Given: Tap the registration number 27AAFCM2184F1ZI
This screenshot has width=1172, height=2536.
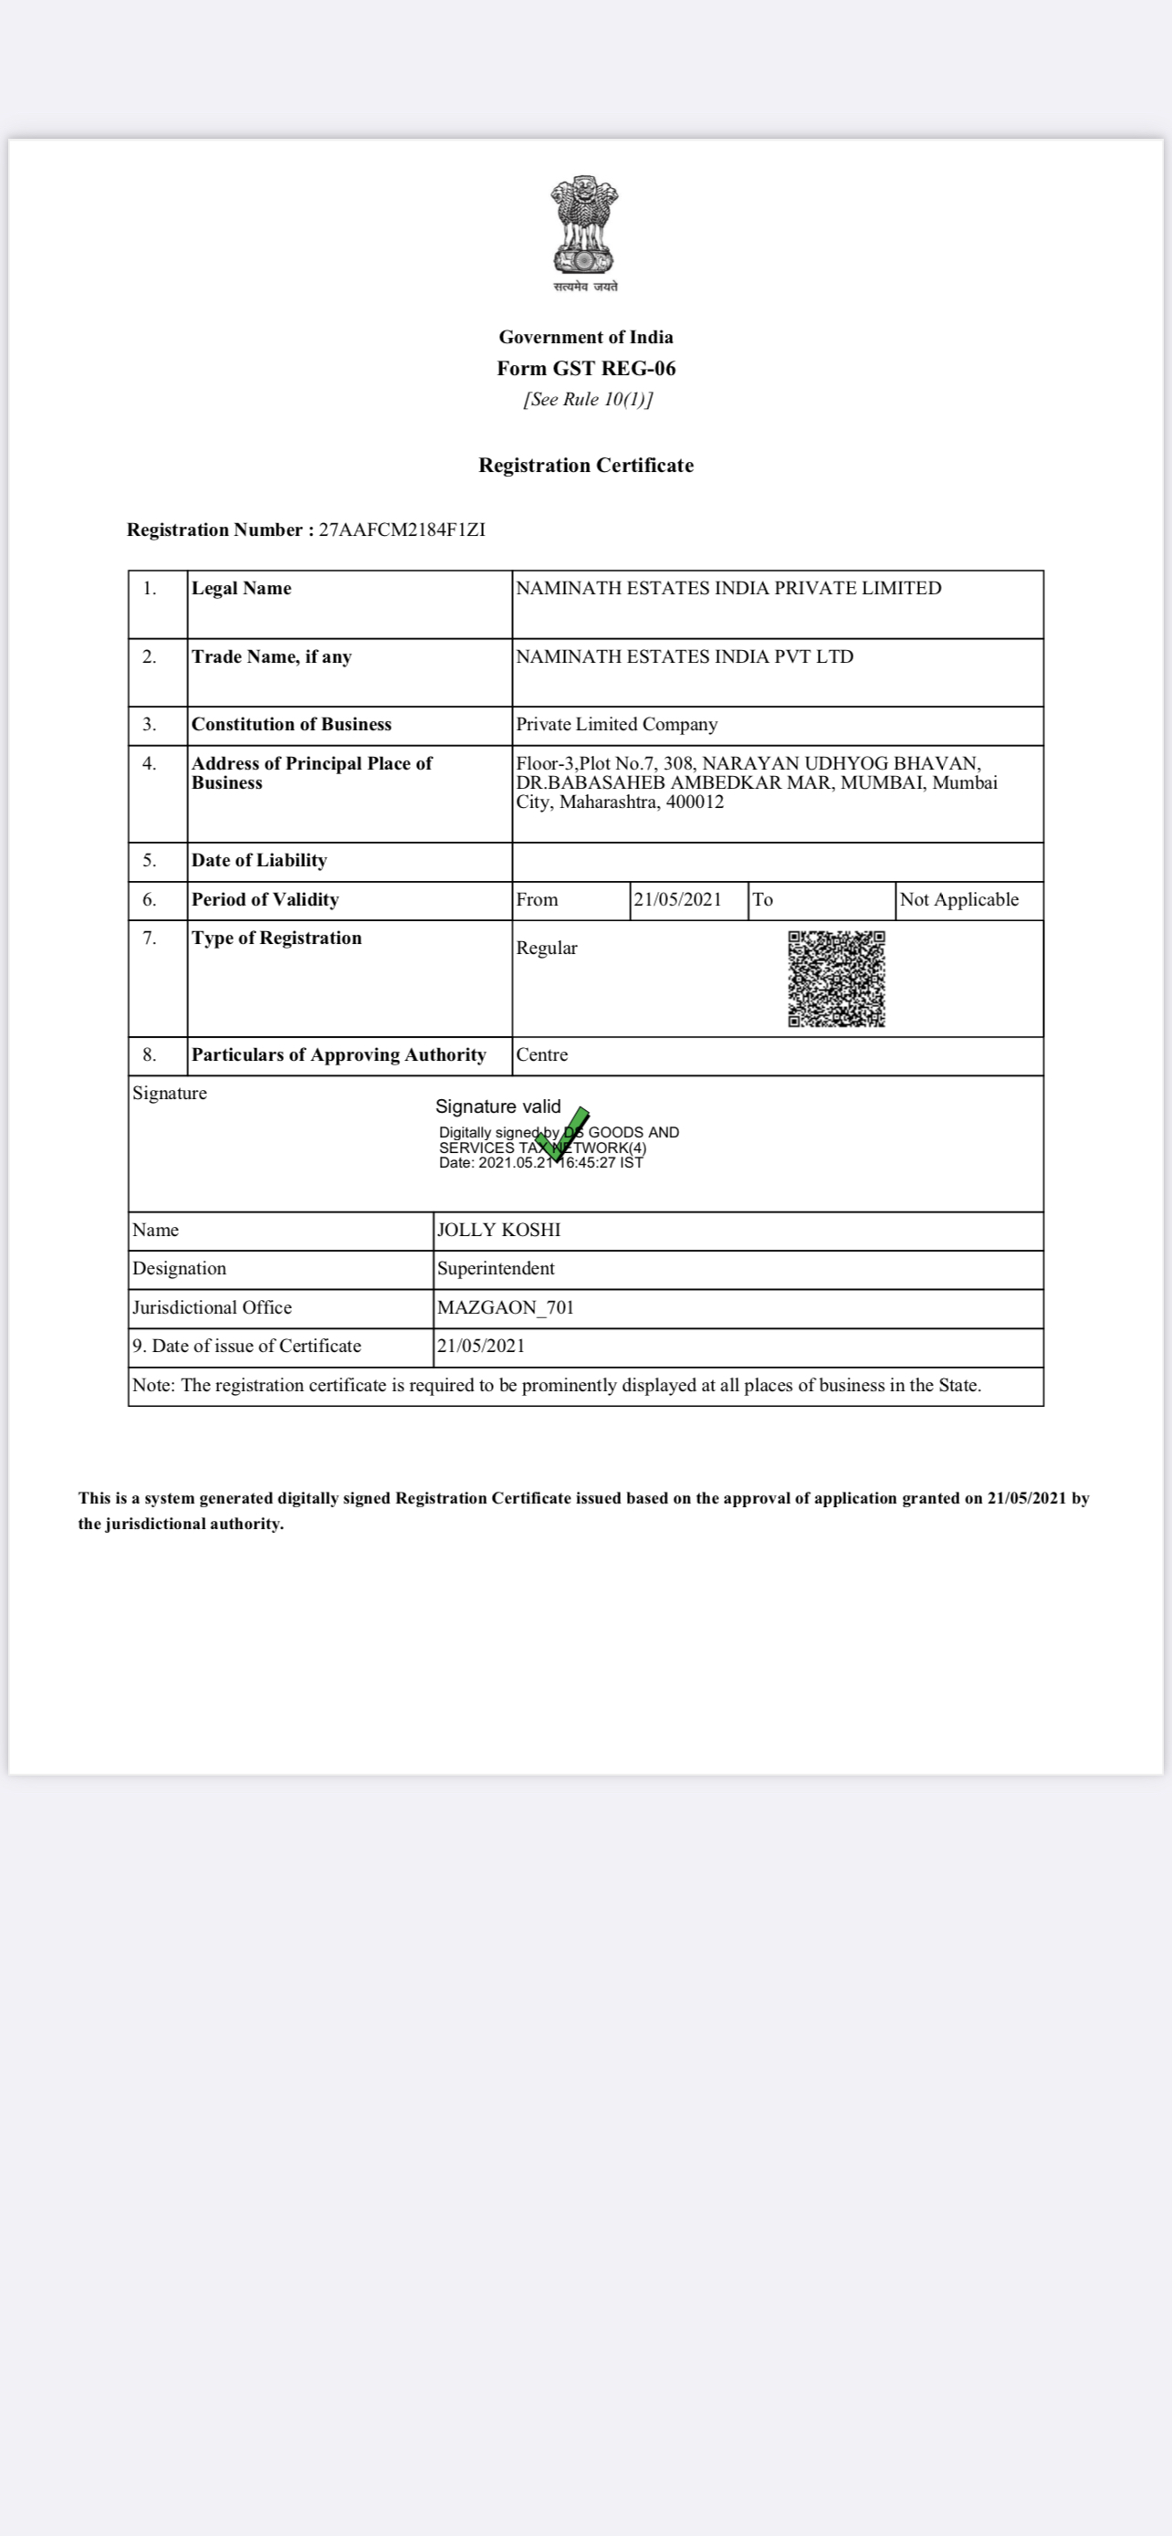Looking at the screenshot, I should tap(402, 529).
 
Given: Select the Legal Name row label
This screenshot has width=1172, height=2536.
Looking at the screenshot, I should tap(241, 589).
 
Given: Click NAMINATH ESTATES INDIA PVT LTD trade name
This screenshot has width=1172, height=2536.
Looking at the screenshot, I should tap(684, 656).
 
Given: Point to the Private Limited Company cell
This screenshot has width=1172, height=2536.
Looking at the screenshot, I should tap(616, 725).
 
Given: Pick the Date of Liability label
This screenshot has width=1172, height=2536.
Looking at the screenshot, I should tap(259, 861).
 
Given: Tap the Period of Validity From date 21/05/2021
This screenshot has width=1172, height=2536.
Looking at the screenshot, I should tap(677, 900).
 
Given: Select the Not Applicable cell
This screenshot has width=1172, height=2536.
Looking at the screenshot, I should tap(958, 900).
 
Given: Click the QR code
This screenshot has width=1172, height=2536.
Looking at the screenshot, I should tap(836, 979).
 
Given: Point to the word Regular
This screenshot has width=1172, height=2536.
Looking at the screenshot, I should tap(546, 948).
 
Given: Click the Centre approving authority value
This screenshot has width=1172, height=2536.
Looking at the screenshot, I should tap(541, 1055).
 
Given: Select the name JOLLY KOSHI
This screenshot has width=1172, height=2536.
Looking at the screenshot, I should tap(498, 1231).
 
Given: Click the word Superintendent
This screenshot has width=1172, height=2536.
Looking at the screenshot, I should tap(495, 1269).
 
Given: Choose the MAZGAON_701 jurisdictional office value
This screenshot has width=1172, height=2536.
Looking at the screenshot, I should tap(505, 1307).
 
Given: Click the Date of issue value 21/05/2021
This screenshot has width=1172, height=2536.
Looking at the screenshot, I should tap(480, 1346).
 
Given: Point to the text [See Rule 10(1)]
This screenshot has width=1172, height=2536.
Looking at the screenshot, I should tap(588, 399).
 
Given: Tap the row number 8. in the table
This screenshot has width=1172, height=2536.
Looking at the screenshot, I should tap(150, 1055).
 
